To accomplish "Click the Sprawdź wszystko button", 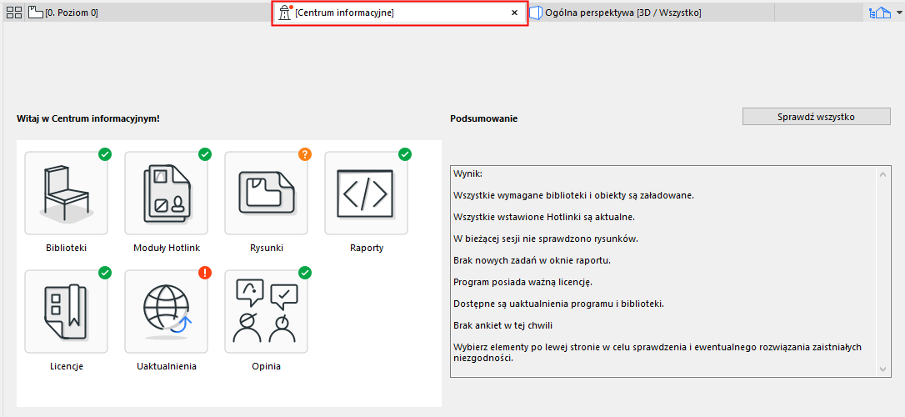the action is [x=816, y=117].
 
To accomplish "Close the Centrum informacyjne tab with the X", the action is [x=514, y=13].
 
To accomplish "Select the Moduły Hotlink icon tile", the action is [x=166, y=193].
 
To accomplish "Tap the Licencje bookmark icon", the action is [x=67, y=311].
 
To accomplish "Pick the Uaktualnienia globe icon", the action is [x=166, y=311].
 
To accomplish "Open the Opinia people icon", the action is [x=266, y=311].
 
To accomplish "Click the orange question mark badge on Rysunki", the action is [x=305, y=154].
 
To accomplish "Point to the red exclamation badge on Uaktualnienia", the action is [x=205, y=273].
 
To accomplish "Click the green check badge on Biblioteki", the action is [x=105, y=154].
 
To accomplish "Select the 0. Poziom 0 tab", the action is [x=63, y=13].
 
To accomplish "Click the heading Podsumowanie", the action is [x=483, y=119].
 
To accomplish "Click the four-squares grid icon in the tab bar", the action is [x=14, y=13].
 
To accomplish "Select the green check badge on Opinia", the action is [x=305, y=273].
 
